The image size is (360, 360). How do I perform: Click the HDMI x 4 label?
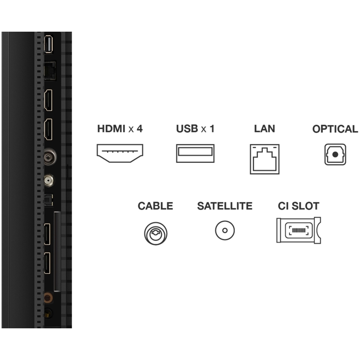coord(120,129)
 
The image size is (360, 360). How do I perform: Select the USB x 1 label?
coord(195,129)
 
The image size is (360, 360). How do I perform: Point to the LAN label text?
coord(265,129)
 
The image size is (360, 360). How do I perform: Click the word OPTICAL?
coord(335,129)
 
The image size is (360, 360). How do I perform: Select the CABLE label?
coord(156,206)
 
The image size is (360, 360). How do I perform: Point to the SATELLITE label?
coord(225,206)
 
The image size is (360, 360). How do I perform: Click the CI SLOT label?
coord(298,206)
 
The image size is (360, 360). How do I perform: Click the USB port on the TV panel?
coord(49,44)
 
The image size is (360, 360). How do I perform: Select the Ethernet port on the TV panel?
coord(50,71)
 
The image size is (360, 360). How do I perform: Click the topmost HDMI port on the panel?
coord(48,100)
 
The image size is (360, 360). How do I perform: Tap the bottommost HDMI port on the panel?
coord(47,263)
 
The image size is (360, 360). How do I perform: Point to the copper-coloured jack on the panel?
coord(48,298)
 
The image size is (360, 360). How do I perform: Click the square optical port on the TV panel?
coord(49,200)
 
